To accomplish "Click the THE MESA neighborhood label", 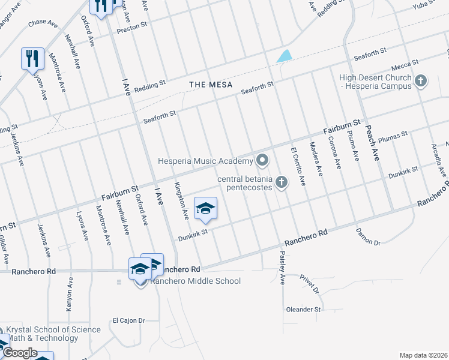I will click(x=211, y=85).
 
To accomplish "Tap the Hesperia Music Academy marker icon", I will click(x=262, y=160).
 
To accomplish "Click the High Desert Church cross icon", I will click(x=421, y=82).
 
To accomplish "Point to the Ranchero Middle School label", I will click(x=195, y=281).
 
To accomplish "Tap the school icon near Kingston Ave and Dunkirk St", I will click(x=205, y=208).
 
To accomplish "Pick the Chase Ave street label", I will click(x=42, y=22).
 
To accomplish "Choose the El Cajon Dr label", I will click(x=129, y=320).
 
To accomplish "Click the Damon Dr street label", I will click(x=368, y=236).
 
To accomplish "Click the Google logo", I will click(x=20, y=352).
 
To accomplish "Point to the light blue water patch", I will click(x=284, y=56).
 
